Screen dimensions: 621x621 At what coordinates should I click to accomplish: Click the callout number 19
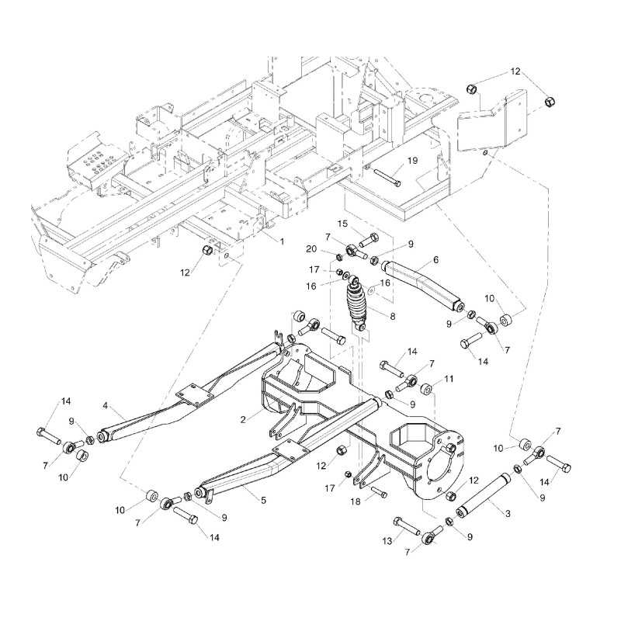click(412, 161)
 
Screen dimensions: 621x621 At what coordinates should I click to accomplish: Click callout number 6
click(435, 259)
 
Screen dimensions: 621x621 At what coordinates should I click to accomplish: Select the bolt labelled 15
click(368, 237)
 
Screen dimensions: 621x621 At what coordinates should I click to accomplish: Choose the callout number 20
click(311, 248)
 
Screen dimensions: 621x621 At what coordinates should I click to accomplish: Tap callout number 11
click(448, 379)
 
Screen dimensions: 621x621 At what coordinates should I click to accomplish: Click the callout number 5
click(263, 501)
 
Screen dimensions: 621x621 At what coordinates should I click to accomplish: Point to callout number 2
click(243, 419)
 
